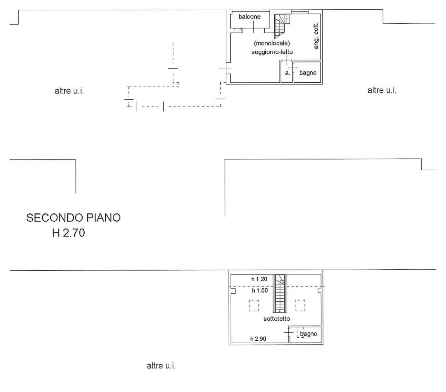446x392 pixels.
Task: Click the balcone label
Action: coord(249,17)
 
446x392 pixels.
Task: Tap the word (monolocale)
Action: coord(272,43)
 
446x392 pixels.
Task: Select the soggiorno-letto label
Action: coord(272,52)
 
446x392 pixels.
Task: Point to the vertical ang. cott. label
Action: coord(316,36)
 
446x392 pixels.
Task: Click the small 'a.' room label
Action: coord(288,73)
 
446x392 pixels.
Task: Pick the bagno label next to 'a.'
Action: coord(308,73)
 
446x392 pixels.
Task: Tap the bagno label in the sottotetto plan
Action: coord(309,334)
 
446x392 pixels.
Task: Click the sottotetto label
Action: coord(277,319)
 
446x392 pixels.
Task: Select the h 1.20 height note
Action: coord(259,279)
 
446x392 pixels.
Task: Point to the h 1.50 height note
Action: coord(259,291)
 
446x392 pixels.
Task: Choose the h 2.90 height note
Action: coord(258,339)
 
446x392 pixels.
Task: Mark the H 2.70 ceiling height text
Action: coord(68,233)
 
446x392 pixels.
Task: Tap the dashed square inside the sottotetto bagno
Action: coord(300,332)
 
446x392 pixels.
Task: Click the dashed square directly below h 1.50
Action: coord(254,305)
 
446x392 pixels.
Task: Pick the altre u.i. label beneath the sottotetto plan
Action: coord(161,366)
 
